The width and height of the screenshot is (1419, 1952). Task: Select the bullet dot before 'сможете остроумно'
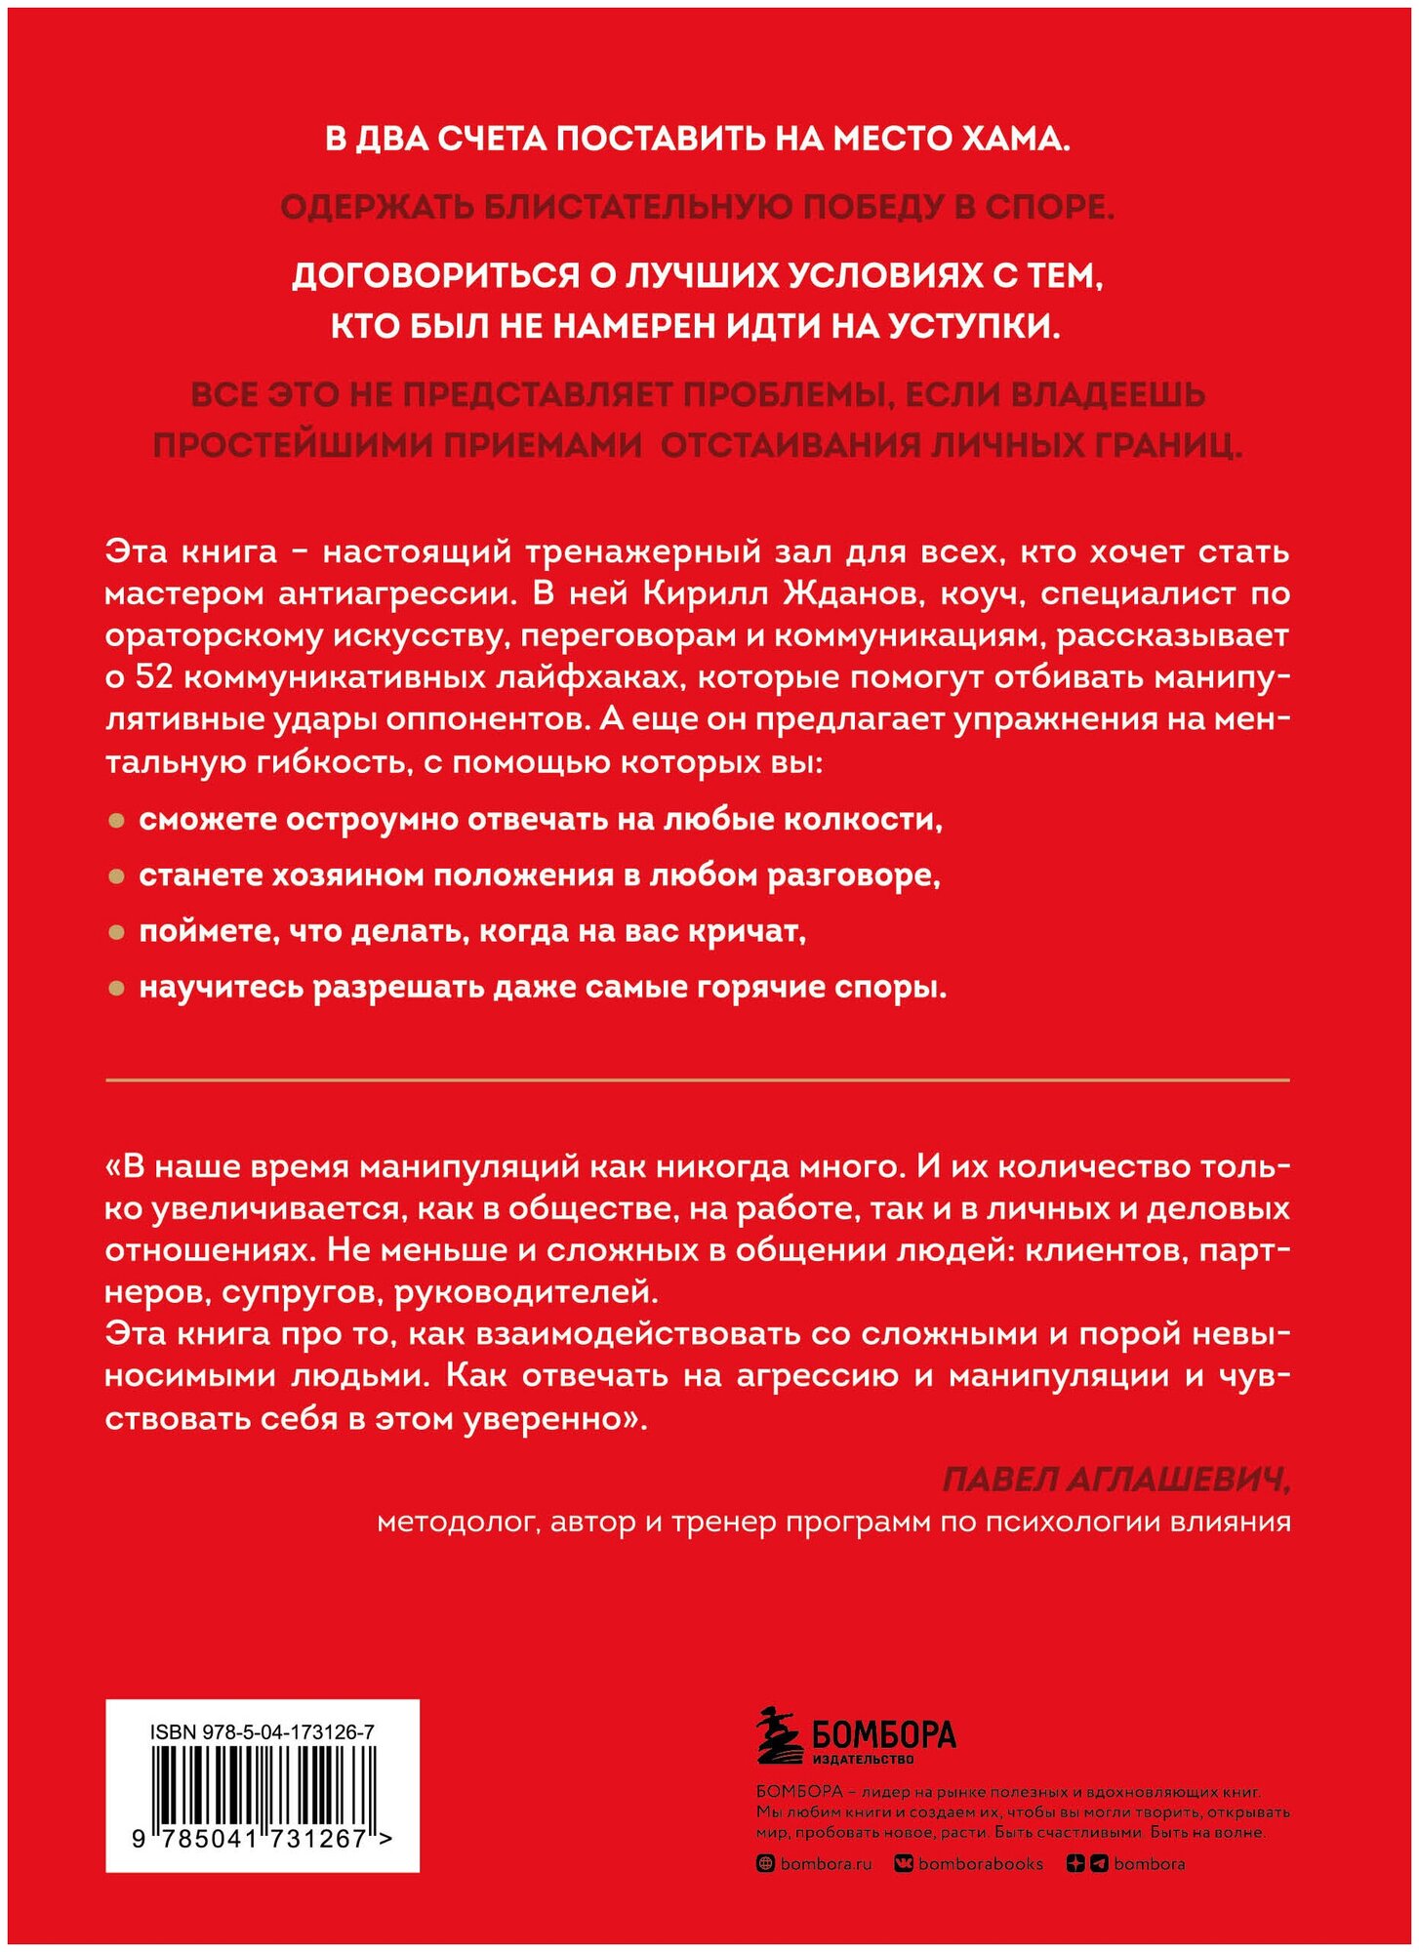(116, 821)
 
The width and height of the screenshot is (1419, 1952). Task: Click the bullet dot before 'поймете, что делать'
(116, 933)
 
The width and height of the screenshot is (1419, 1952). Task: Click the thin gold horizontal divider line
(697, 1079)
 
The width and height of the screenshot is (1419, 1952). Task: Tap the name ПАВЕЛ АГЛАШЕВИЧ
(1115, 1481)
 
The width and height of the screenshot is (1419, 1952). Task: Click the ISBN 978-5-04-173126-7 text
(263, 1732)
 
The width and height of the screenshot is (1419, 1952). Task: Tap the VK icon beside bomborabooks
(904, 1864)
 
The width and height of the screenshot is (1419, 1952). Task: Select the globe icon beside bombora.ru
(766, 1864)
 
